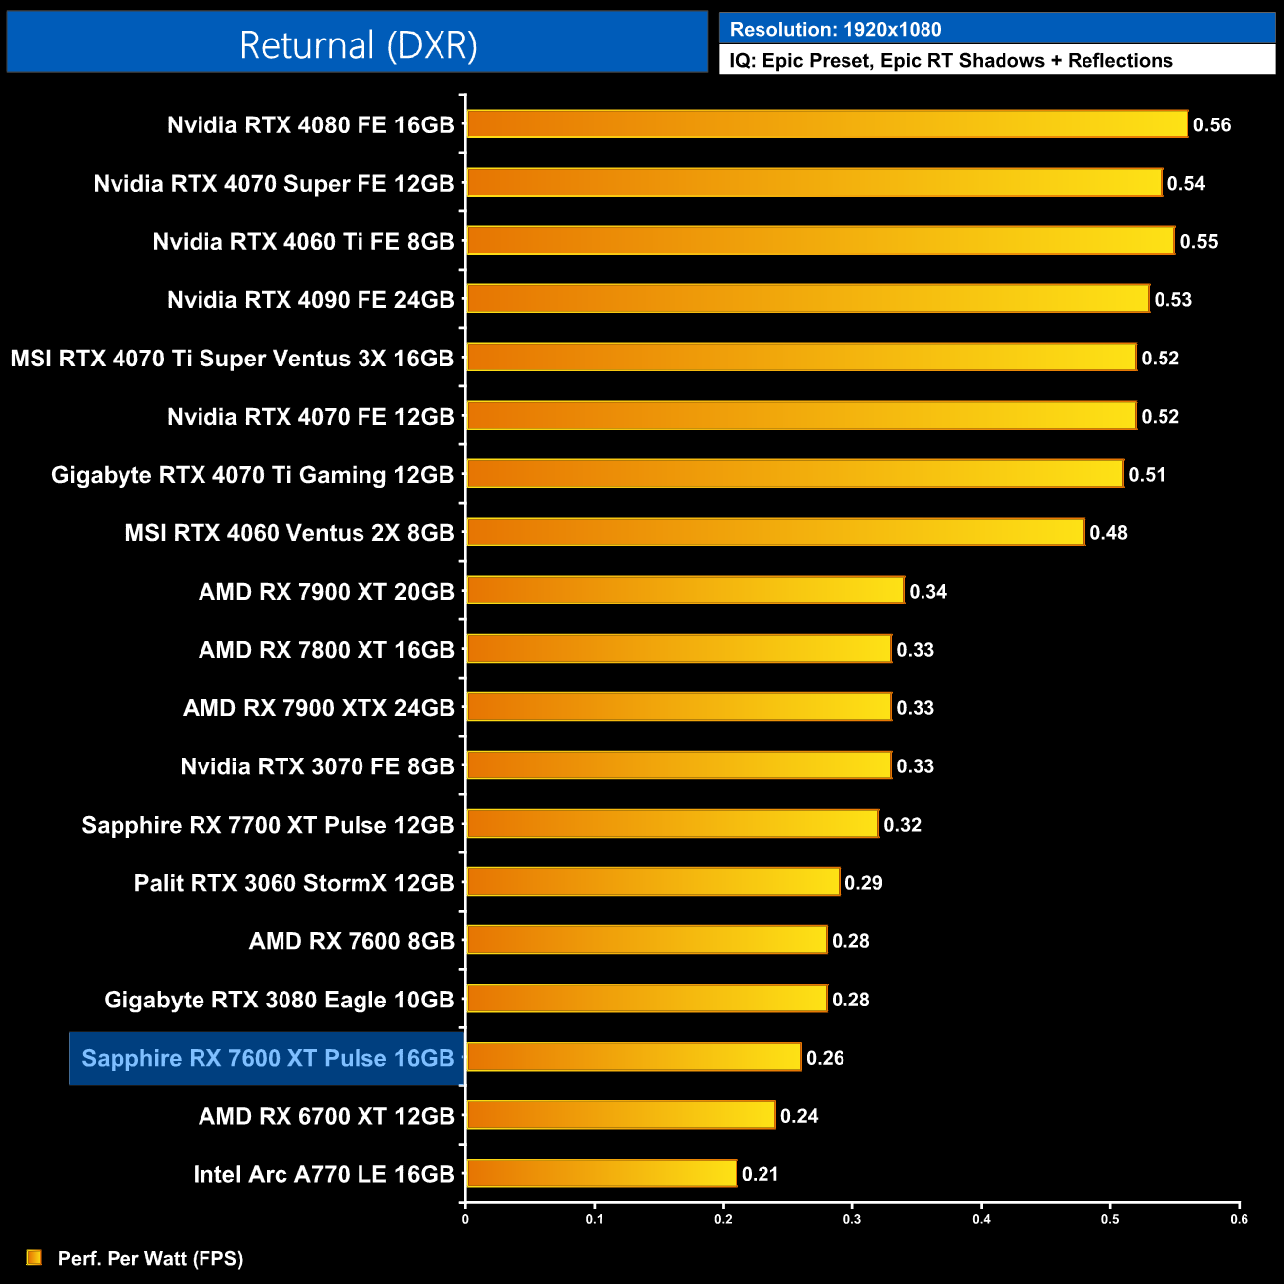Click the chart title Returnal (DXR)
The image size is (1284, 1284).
click(358, 44)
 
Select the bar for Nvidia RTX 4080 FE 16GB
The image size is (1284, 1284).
click(826, 124)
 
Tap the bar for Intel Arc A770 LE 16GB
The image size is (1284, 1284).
click(601, 1173)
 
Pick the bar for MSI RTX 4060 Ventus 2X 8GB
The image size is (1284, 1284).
click(774, 532)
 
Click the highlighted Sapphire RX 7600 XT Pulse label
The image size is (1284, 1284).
click(268, 1058)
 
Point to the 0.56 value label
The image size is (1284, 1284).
click(1212, 125)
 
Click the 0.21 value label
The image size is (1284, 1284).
click(760, 1174)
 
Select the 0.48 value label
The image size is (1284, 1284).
click(1108, 533)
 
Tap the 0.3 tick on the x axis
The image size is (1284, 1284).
click(852, 1219)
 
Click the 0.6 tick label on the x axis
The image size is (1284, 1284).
click(1239, 1219)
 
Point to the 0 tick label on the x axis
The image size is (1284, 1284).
click(465, 1219)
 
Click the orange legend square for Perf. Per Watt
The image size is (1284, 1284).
click(35, 1257)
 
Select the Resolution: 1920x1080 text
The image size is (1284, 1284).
click(836, 30)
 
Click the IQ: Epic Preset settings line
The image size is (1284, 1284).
click(950, 61)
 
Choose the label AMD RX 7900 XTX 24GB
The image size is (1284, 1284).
click(318, 708)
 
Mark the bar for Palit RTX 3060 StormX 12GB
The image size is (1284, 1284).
click(652, 882)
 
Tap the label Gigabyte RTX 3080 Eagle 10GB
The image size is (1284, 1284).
click(279, 1000)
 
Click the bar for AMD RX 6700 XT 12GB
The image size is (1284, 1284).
click(620, 1115)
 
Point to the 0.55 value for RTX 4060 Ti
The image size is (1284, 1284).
click(1199, 242)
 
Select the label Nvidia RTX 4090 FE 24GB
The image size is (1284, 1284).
click(310, 300)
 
